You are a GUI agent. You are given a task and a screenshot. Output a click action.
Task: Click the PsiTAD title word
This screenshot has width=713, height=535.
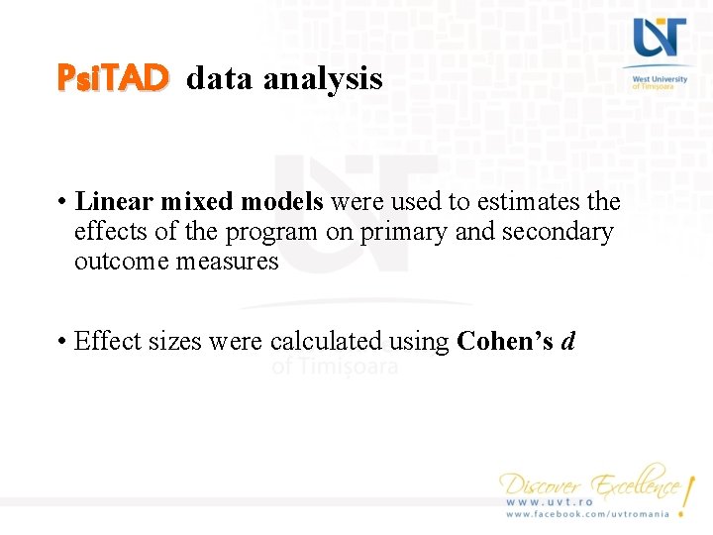click(x=113, y=77)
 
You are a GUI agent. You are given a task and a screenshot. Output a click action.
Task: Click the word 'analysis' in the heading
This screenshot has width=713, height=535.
click(x=323, y=78)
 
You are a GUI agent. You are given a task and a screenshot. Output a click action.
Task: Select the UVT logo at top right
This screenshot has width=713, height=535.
click(x=660, y=40)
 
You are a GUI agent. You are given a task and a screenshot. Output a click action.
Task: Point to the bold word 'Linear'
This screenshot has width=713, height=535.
click(x=114, y=201)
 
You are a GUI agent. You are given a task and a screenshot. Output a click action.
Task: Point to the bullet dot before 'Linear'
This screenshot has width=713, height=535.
click(x=61, y=202)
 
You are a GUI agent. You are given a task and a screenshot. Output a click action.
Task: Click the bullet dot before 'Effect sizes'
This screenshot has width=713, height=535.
click(x=61, y=342)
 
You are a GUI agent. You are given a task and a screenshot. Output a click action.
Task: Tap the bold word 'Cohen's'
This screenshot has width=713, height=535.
click(x=505, y=342)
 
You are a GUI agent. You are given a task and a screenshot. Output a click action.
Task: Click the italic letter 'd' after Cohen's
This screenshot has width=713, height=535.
click(x=567, y=342)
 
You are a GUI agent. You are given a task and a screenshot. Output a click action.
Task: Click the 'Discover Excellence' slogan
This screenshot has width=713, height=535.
click(x=591, y=484)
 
